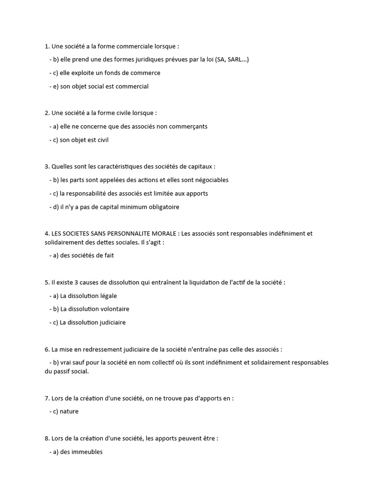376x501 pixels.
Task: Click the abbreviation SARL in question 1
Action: tap(236, 59)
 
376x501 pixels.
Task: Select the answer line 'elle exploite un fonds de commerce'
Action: tap(105, 73)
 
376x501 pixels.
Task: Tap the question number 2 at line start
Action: tap(47, 113)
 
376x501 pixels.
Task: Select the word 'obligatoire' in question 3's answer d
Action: tap(163, 207)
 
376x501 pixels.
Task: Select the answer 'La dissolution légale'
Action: tap(83, 296)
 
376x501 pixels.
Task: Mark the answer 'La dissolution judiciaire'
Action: tap(88, 322)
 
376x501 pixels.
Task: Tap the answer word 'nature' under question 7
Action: tap(69, 411)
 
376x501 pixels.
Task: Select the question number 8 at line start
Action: tap(47, 438)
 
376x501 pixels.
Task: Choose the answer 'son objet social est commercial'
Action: tap(99, 87)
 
